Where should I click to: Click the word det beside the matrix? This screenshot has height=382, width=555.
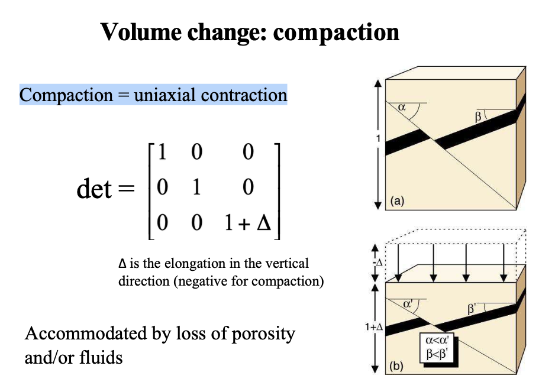pyautogui.click(x=94, y=189)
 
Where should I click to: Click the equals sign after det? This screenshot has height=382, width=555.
pyautogui.click(x=126, y=189)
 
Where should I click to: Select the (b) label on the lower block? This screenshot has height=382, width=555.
pyautogui.click(x=396, y=366)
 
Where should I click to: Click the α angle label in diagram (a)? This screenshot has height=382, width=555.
pyautogui.click(x=402, y=108)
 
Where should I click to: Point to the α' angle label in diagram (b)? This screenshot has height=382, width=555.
pyautogui.click(x=408, y=303)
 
